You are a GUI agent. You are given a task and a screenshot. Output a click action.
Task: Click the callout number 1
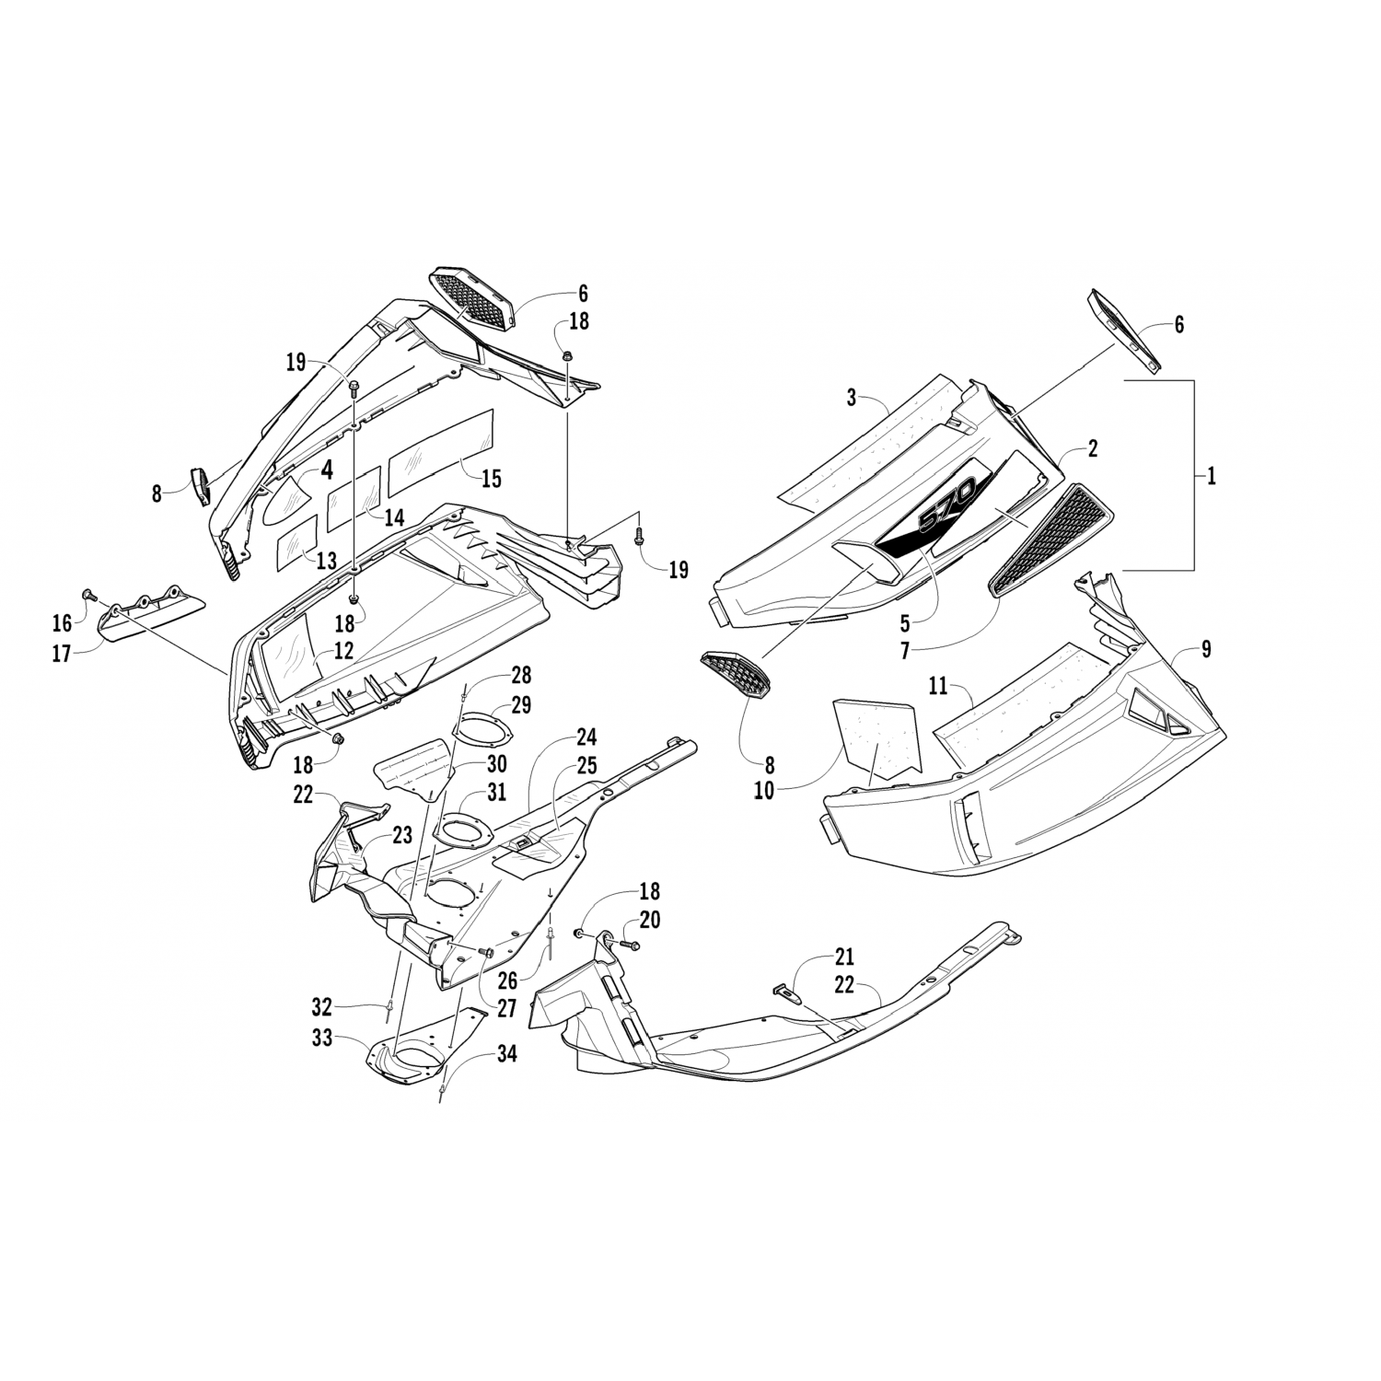pyautogui.click(x=1212, y=476)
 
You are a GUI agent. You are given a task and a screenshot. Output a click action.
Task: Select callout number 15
pyautogui.click(x=492, y=479)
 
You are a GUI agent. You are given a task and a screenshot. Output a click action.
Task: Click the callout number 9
pyautogui.click(x=1206, y=650)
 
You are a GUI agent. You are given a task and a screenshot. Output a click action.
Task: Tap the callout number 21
pyautogui.click(x=844, y=956)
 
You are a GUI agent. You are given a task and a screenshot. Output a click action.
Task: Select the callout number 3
pyautogui.click(x=852, y=399)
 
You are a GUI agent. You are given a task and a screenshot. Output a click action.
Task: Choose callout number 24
pyautogui.click(x=586, y=737)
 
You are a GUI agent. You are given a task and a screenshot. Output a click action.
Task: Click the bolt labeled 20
pyautogui.click(x=630, y=945)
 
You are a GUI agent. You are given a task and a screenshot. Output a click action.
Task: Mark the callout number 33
pyautogui.click(x=321, y=1041)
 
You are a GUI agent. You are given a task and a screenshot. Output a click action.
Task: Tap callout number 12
pyautogui.click(x=343, y=651)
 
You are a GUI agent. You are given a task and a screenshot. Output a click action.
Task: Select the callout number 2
pyautogui.click(x=1092, y=449)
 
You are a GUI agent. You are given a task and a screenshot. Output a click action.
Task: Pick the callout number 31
pyautogui.click(x=497, y=790)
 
